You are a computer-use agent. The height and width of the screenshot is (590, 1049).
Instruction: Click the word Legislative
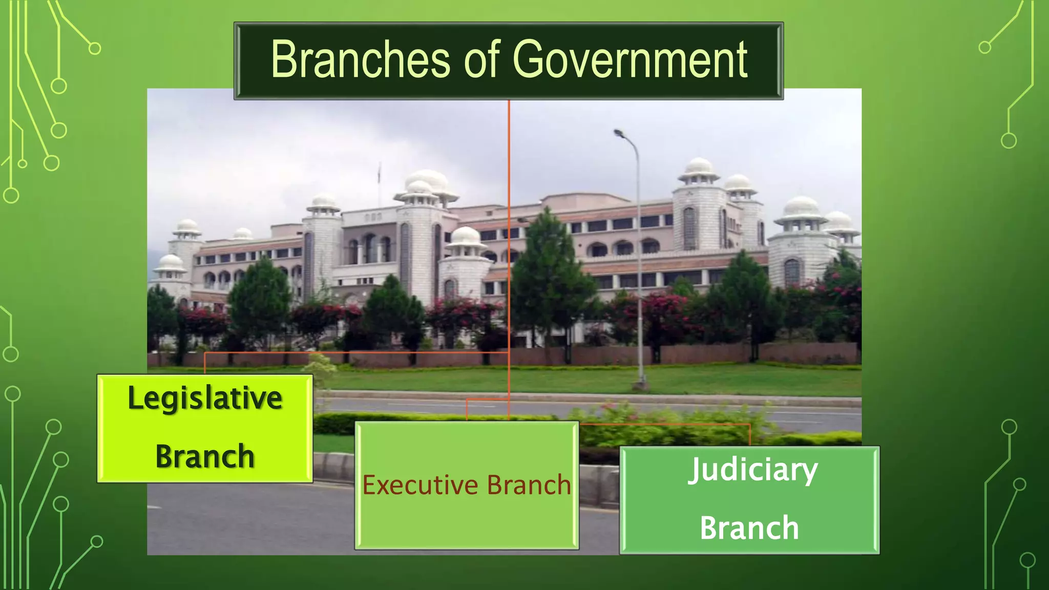point(205,398)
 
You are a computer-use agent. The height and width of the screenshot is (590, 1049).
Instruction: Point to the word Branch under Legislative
point(205,456)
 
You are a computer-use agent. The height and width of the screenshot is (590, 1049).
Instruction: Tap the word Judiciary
point(752,470)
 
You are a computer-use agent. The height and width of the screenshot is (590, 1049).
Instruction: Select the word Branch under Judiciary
point(749,528)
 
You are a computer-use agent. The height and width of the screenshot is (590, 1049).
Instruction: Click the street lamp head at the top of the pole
point(619,134)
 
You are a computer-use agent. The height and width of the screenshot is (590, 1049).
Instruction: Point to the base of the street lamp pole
point(641,384)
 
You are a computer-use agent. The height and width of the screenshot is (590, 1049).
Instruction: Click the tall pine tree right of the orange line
point(548,271)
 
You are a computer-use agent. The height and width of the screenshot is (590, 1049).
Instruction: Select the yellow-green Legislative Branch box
point(205,428)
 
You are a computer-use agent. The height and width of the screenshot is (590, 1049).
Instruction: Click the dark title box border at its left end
point(237,60)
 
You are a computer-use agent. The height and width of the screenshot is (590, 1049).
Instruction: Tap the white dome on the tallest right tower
point(699,166)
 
